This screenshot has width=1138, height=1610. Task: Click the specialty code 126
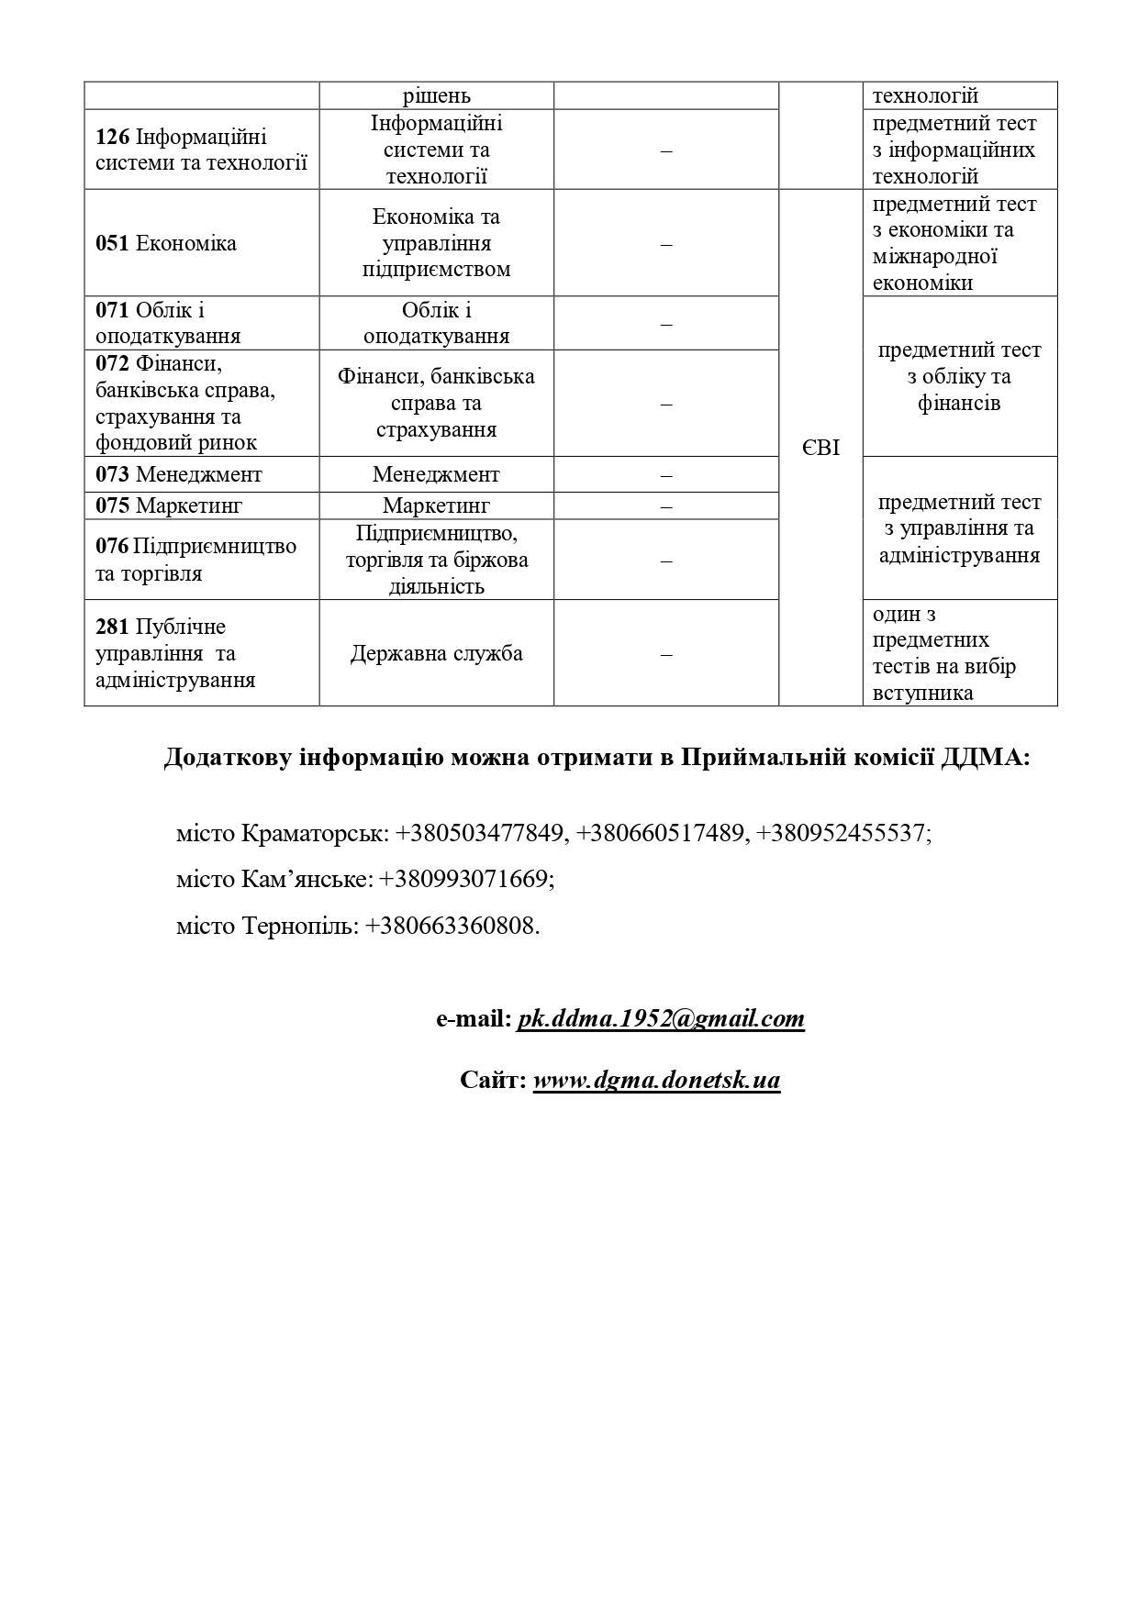click(113, 138)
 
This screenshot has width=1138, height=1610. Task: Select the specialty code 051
click(112, 243)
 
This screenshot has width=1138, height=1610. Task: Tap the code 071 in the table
click(112, 310)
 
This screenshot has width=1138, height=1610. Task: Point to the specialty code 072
click(112, 363)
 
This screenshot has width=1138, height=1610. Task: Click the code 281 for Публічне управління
click(112, 627)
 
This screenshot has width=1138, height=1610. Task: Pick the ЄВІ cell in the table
click(820, 448)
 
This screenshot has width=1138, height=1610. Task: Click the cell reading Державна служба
click(436, 653)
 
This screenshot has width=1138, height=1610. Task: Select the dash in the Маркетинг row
click(666, 505)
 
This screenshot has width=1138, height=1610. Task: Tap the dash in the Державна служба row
click(666, 653)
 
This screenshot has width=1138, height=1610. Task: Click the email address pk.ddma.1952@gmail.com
click(661, 1018)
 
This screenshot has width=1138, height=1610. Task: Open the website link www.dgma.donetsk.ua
click(656, 1080)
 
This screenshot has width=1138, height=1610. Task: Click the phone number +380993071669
click(465, 879)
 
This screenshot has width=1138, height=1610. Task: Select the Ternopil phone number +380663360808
click(452, 926)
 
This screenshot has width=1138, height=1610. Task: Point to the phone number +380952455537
click(842, 833)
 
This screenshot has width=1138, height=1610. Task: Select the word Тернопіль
click(299, 926)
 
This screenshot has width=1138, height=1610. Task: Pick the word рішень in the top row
click(436, 95)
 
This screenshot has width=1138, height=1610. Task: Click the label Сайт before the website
click(493, 1080)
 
